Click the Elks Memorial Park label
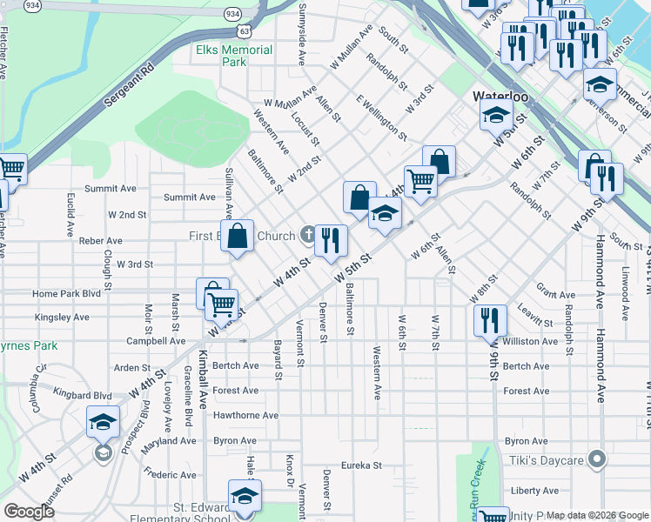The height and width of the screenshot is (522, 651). tap(234, 56)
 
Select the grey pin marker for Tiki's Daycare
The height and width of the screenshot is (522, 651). tap(596, 458)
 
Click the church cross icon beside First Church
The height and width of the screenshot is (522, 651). tap(307, 234)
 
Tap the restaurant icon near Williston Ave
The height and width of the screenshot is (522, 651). tap(490, 318)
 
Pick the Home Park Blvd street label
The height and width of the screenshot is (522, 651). tap(67, 294)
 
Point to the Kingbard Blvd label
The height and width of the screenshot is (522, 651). tap(88, 395)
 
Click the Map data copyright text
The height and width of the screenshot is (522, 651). tap(597, 515)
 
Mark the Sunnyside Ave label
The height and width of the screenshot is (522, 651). tap(302, 34)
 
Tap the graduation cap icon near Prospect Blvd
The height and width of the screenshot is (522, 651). tap(103, 424)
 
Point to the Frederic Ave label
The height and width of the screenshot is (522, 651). tap(171, 475)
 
